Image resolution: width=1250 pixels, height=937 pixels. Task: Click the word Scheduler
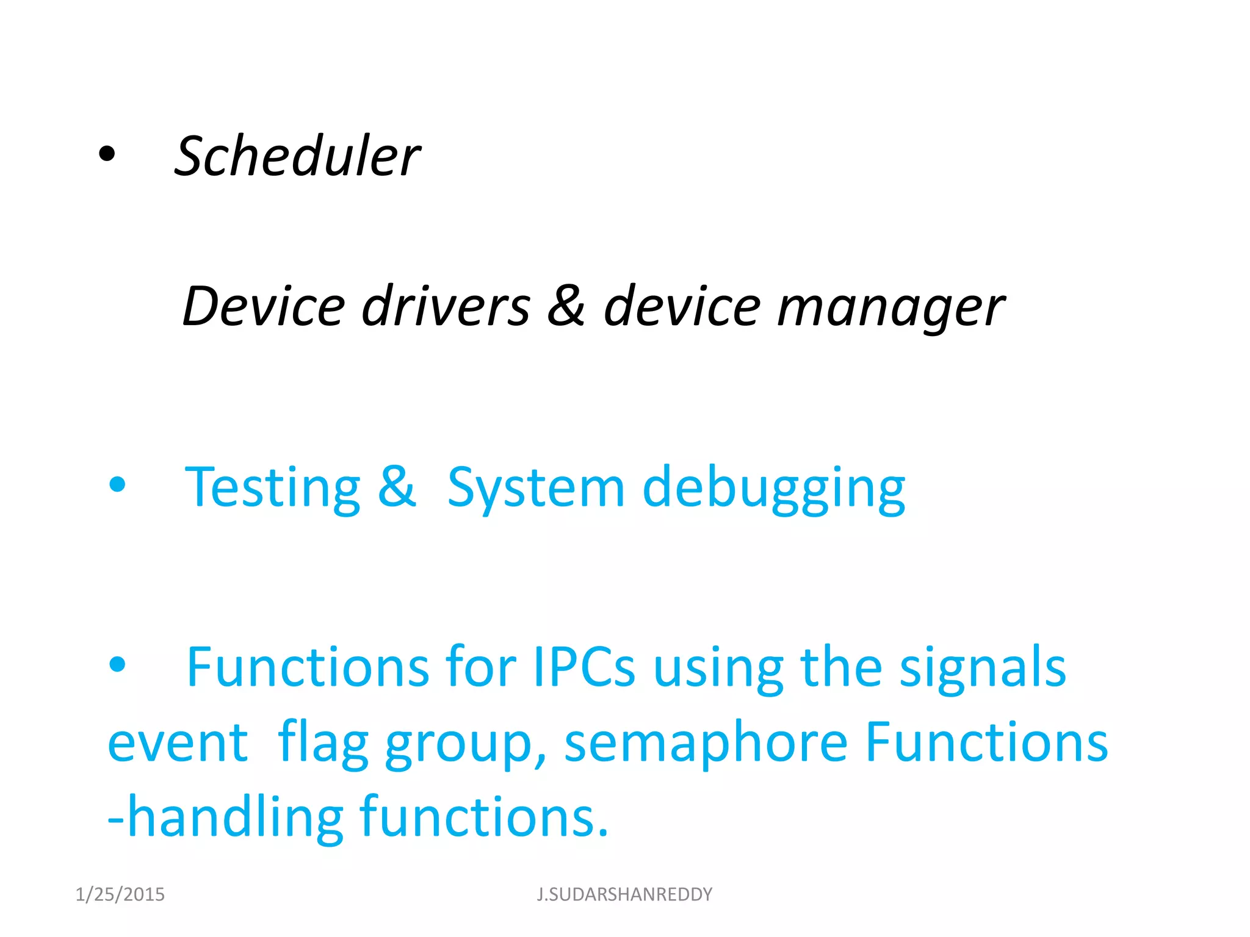[297, 157]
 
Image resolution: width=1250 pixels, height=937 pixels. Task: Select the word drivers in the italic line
[446, 306]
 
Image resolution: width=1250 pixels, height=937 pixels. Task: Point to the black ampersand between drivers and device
[566, 305]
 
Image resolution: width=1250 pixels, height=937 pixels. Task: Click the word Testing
[272, 487]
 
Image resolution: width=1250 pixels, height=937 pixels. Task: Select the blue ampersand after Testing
[397, 487]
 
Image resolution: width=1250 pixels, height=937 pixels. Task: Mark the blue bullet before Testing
[117, 485]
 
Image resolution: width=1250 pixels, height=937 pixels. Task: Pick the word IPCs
[583, 667]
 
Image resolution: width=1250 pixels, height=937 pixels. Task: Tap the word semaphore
[706, 743]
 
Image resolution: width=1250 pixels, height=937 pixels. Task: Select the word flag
[323, 743]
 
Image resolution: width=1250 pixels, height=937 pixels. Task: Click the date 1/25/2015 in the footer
[120, 894]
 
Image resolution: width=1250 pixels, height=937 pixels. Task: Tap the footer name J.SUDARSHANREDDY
[624, 894]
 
